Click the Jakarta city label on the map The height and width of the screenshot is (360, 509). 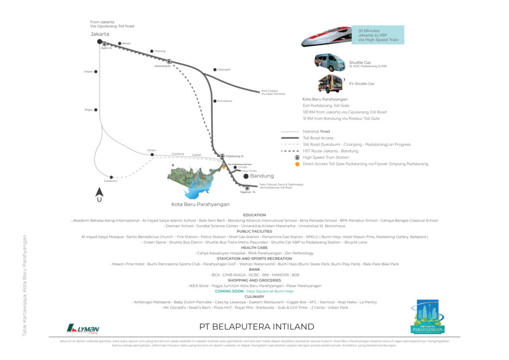pyautogui.click(x=99, y=34)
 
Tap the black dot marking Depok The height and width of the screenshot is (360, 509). pyautogui.click(x=96, y=72)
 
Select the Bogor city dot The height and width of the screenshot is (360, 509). pyautogui.click(x=96, y=110)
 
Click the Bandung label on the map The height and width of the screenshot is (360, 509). pyautogui.click(x=261, y=177)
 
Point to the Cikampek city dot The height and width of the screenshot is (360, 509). pyautogui.click(x=215, y=70)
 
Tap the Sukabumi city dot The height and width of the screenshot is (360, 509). pyautogui.click(x=111, y=177)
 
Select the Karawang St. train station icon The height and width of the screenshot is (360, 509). pyautogui.click(x=169, y=62)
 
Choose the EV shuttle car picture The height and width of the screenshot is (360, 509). pyautogui.click(x=331, y=83)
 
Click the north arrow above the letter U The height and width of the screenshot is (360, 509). pyautogui.click(x=99, y=191)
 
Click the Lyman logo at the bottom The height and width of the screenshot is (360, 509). pyautogui.click(x=83, y=328)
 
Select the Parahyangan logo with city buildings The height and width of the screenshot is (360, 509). pyautogui.click(x=427, y=316)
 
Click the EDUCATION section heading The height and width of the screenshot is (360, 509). pyautogui.click(x=254, y=215)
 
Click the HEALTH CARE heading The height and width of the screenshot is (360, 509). pyautogui.click(x=254, y=248)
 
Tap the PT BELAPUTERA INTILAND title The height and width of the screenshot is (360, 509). pyautogui.click(x=256, y=327)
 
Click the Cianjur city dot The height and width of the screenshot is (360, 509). pyautogui.click(x=152, y=155)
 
